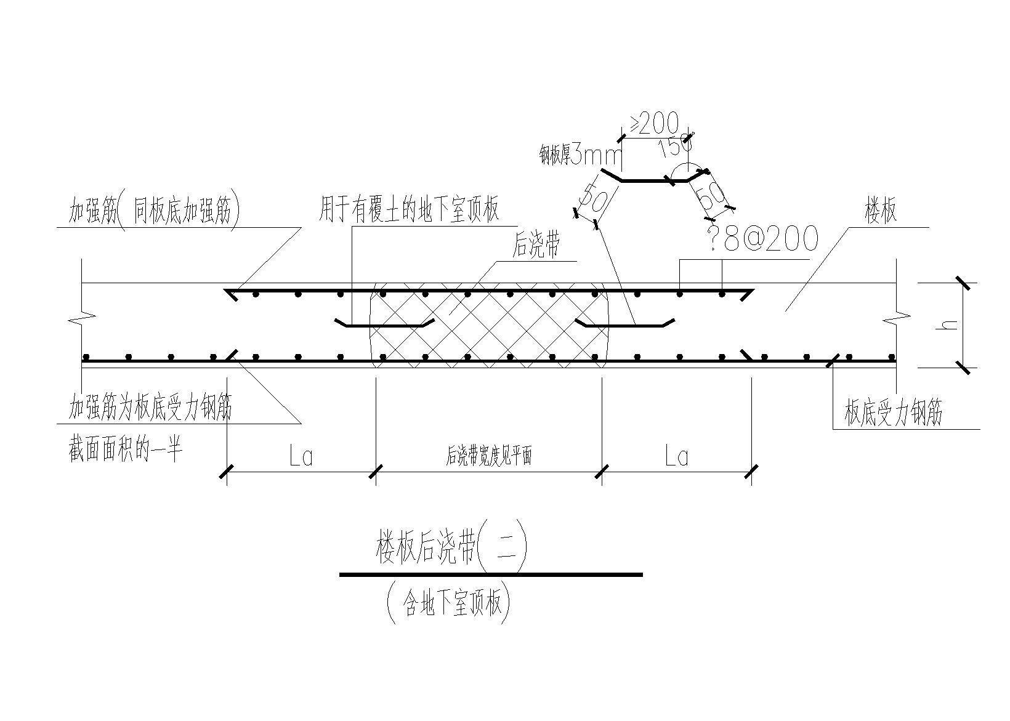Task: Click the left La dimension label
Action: tap(301, 457)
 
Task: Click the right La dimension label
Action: tap(677, 457)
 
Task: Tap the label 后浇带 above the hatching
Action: tap(536, 247)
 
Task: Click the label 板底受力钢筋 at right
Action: tap(893, 414)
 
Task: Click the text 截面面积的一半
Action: tap(126, 453)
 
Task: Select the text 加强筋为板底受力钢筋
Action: tap(150, 409)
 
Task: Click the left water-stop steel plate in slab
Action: tap(384, 324)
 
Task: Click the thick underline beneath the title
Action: tap(491, 574)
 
